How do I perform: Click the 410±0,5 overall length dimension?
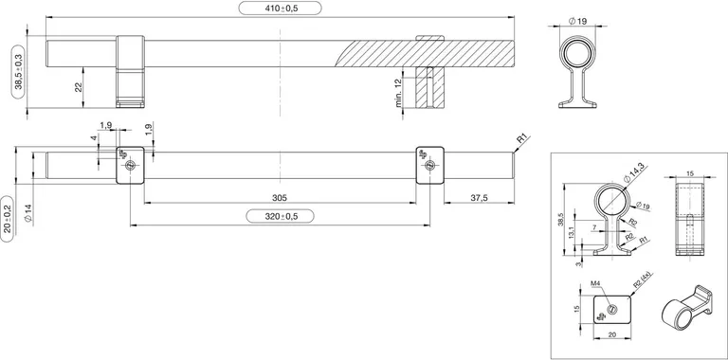(x=281, y=9)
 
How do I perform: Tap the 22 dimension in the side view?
(x=79, y=87)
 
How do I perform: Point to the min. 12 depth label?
(x=399, y=92)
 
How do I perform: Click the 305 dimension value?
(x=280, y=198)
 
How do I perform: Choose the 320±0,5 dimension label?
(x=280, y=216)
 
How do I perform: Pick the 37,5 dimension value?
(x=479, y=198)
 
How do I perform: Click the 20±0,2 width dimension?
(x=8, y=221)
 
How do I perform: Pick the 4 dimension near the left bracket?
(x=94, y=139)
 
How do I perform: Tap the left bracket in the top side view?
(x=130, y=69)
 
